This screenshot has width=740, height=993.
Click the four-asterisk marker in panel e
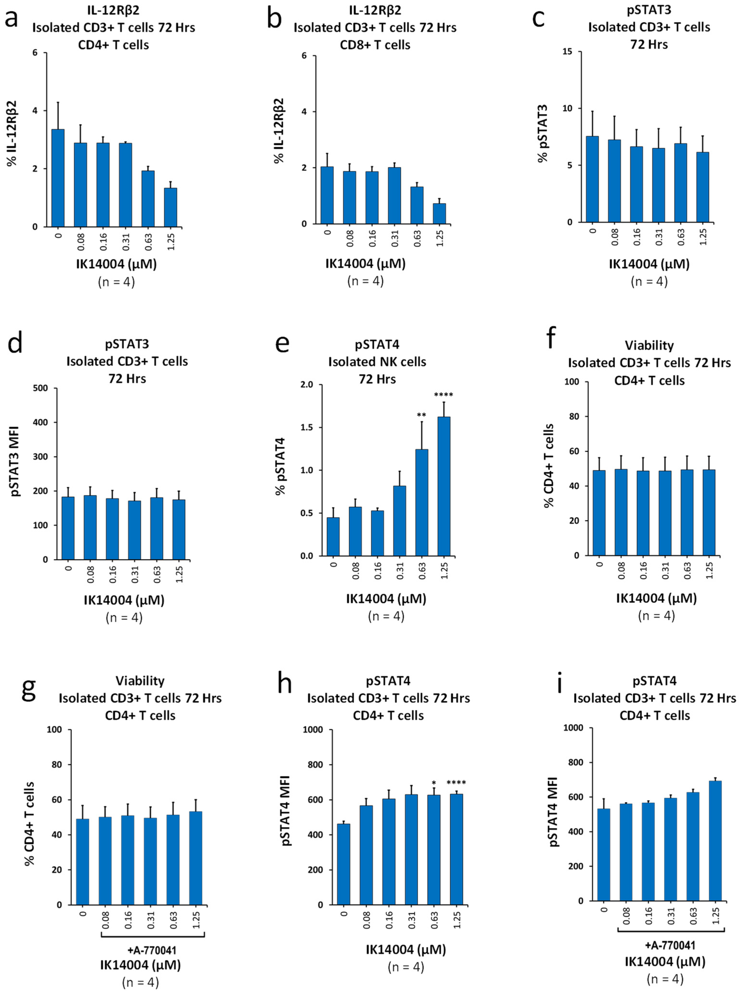point(444,395)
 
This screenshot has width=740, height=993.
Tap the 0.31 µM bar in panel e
point(399,521)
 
